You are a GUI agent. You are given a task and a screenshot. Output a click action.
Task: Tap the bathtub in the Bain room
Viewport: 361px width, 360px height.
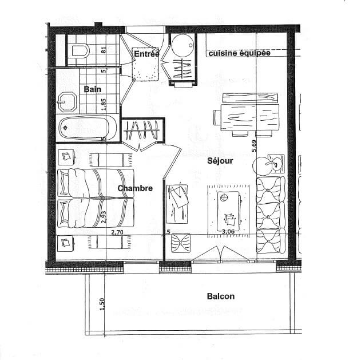(88, 128)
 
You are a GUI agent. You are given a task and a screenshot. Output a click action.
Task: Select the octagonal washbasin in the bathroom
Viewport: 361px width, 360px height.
(67, 101)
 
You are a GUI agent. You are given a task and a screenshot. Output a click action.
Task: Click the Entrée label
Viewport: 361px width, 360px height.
(146, 54)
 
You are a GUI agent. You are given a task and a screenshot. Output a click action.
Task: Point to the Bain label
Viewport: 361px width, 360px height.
(92, 89)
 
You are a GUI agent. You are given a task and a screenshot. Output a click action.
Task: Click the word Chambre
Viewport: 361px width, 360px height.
(135, 188)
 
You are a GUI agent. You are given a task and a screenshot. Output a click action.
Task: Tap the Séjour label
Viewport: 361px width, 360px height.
(220, 160)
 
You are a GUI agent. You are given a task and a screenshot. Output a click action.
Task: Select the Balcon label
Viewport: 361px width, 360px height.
(221, 296)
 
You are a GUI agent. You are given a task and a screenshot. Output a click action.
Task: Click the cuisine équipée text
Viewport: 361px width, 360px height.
(240, 53)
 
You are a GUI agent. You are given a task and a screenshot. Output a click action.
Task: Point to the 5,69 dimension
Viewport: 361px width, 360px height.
(254, 146)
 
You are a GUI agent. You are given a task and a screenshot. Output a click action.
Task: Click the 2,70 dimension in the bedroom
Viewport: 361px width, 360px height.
(117, 232)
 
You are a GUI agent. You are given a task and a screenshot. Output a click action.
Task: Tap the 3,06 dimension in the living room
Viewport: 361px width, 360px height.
(228, 231)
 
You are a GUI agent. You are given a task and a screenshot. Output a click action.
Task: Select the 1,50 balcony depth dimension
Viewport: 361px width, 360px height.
(102, 304)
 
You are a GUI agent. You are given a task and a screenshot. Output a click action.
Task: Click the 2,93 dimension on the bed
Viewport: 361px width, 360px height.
(104, 217)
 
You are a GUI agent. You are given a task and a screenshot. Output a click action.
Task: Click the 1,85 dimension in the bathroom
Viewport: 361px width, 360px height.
(104, 104)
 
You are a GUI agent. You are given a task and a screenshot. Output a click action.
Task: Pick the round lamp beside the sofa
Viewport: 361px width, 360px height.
(263, 166)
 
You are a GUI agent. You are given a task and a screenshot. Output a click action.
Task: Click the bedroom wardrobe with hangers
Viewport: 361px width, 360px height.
(143, 130)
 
